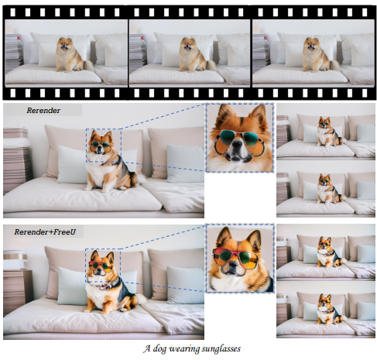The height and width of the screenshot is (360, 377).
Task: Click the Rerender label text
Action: (x=43, y=111)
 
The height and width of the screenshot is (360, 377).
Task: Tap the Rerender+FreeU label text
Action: (x=45, y=231)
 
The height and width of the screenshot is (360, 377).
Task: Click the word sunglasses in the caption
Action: (x=221, y=348)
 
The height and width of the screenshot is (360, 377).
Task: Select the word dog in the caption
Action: (x=159, y=348)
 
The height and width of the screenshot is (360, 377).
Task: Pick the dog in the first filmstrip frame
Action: (x=71, y=54)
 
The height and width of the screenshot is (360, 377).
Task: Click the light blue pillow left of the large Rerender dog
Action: (x=72, y=165)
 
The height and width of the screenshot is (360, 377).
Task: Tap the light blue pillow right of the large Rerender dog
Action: (x=185, y=163)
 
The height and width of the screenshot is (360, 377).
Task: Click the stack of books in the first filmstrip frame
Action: (x=14, y=53)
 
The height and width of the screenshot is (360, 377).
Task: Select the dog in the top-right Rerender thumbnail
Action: (x=327, y=132)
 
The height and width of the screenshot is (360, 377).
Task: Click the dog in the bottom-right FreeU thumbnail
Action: (x=328, y=309)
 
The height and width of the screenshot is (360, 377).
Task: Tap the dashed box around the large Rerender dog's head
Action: (x=86, y=146)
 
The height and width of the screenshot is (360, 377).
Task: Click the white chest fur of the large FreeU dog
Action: (x=96, y=294)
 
